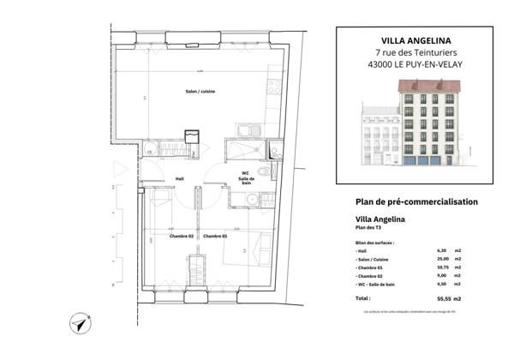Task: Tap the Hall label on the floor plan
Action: [x=180, y=178]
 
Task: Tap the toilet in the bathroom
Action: [x=264, y=171]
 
